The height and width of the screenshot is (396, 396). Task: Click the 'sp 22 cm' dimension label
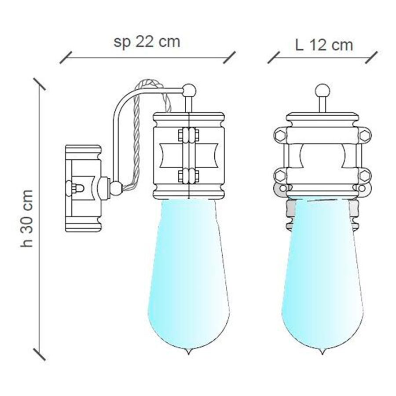tap(147, 42)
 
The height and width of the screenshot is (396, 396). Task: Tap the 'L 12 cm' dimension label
tap(324, 45)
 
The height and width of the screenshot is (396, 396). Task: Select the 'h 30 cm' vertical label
tap(27, 218)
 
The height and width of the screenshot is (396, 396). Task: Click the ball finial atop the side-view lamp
tap(189, 90)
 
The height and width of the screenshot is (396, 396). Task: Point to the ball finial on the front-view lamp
tap(322, 91)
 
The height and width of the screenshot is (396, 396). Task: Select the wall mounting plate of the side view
tap(83, 188)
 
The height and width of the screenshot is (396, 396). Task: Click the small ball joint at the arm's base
tap(116, 189)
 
